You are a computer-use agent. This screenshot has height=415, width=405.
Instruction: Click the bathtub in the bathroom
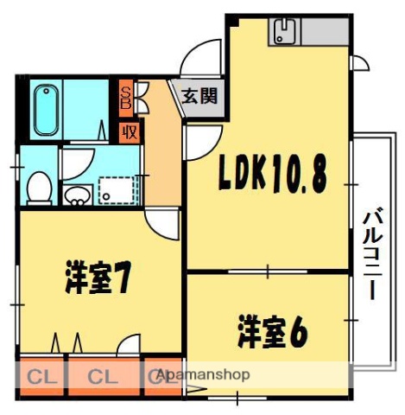44,111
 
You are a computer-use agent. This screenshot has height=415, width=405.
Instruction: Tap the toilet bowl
38,185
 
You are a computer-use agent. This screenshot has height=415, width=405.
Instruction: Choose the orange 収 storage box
128,132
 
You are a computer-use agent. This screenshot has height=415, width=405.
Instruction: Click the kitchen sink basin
285,35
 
